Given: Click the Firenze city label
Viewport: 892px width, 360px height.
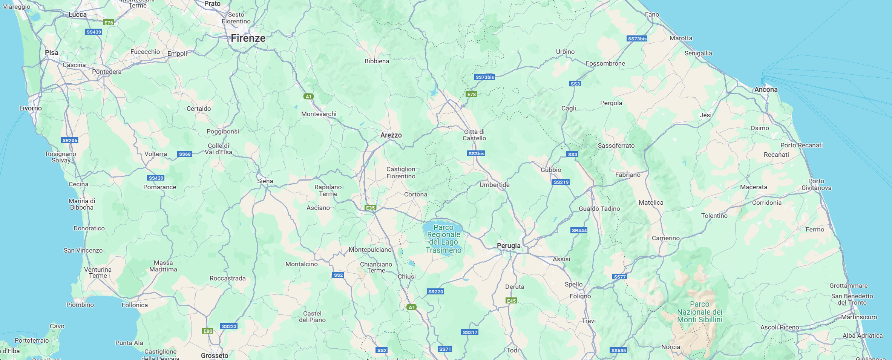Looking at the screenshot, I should click(248, 38).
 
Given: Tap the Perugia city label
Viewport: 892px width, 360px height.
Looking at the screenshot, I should click(508, 246).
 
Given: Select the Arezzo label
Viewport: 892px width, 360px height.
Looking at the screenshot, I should click(391, 135).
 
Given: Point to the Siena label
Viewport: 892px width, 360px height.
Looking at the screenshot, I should click(265, 181).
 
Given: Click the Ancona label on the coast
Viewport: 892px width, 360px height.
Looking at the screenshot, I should click(766, 90).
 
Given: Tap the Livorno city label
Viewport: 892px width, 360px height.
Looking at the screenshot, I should click(31, 108).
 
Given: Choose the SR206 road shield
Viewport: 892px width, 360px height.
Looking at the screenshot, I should click(70, 140).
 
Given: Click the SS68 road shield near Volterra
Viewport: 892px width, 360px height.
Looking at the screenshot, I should click(185, 154).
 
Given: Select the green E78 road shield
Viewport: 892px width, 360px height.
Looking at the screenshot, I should click(472, 94).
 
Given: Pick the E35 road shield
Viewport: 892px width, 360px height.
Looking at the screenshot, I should click(370, 208).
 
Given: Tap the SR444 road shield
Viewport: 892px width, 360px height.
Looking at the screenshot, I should click(579, 230).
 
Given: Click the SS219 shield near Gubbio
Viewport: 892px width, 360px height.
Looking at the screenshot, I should click(561, 182).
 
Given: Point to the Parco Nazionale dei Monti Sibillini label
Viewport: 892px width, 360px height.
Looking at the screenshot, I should click(700, 312).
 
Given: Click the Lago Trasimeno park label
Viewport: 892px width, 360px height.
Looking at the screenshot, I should click(444, 239).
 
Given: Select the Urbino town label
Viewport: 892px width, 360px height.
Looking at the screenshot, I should click(565, 52).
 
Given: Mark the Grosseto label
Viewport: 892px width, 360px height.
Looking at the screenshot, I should click(215, 355).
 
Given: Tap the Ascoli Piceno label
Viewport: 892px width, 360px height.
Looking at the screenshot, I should click(780, 327).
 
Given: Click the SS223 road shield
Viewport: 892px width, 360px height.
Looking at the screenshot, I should click(229, 326).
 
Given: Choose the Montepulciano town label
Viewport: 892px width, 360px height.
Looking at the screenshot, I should click(370, 250).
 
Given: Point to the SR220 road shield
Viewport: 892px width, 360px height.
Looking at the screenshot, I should click(435, 291).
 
